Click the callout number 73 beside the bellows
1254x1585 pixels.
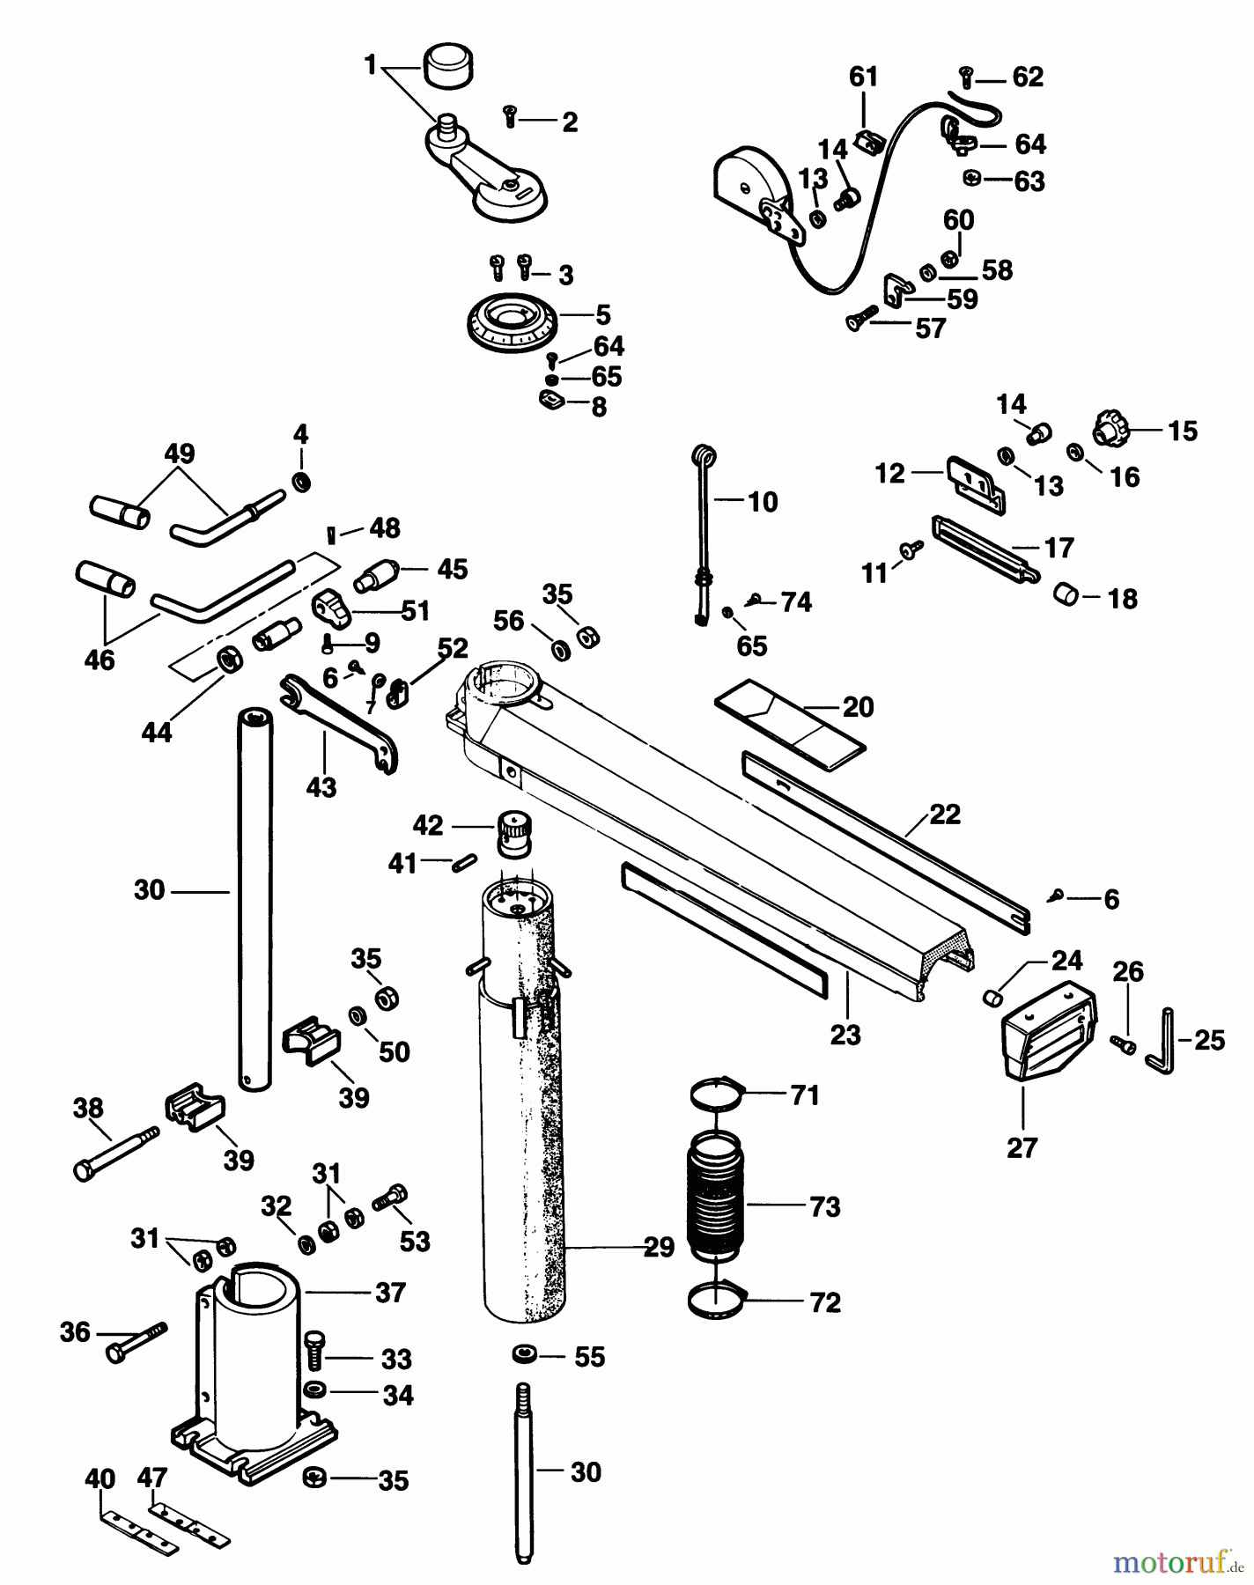824,1207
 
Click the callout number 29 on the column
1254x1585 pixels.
659,1247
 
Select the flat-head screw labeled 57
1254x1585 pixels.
863,318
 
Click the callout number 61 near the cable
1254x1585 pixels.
863,77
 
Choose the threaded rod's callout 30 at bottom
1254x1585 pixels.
586,1471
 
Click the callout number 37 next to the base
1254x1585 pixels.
390,1293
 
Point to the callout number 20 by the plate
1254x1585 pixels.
858,707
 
